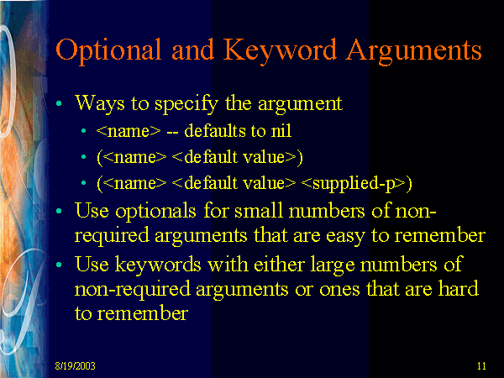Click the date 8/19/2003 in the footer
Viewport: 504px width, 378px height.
tap(76, 366)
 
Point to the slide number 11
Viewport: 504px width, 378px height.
tap(481, 366)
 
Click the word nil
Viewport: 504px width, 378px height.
tap(281, 131)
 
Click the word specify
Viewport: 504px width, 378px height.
tap(186, 104)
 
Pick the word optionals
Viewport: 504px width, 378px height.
tap(155, 212)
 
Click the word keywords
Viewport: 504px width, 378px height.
tap(158, 265)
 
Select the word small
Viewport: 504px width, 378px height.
tap(259, 211)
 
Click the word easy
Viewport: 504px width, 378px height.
tap(345, 237)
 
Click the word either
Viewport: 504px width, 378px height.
tap(279, 265)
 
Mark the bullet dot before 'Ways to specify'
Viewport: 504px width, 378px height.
tap(59, 103)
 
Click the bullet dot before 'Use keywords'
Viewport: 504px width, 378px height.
tap(59, 265)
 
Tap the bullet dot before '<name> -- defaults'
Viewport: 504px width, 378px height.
tap(84, 131)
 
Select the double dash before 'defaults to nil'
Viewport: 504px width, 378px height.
tap(172, 133)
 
